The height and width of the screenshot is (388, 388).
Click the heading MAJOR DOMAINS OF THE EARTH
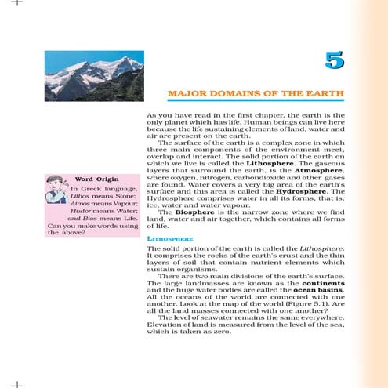(x=256, y=94)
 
